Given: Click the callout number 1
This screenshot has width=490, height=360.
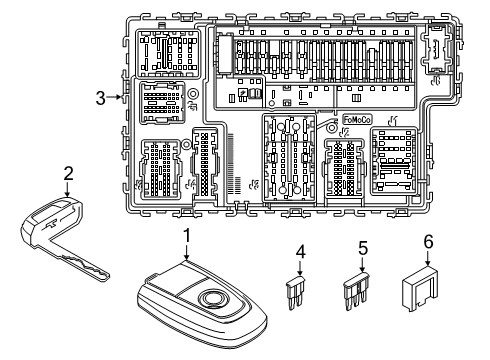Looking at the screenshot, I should (185, 235).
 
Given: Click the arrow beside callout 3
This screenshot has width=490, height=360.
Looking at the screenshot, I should (115, 97).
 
